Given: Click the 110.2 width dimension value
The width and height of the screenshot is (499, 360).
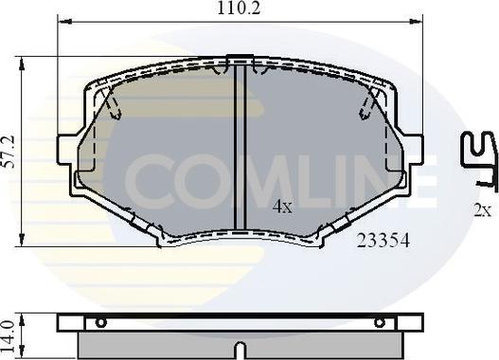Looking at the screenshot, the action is point(239,8).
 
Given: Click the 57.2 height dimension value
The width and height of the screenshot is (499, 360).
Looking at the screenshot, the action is point(9,152).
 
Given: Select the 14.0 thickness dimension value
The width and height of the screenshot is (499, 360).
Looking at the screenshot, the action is point(9,336).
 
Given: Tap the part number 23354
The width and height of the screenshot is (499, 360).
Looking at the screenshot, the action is point(383,241).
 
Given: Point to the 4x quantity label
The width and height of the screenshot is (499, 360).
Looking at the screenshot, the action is point(282,207).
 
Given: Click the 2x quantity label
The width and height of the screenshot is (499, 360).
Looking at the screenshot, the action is point(483,210).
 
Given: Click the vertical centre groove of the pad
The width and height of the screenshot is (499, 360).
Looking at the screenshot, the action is point(240,147).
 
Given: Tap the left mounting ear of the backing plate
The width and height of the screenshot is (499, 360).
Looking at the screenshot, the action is point(67,150).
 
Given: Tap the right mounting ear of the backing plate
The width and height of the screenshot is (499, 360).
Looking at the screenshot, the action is point(413,150).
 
